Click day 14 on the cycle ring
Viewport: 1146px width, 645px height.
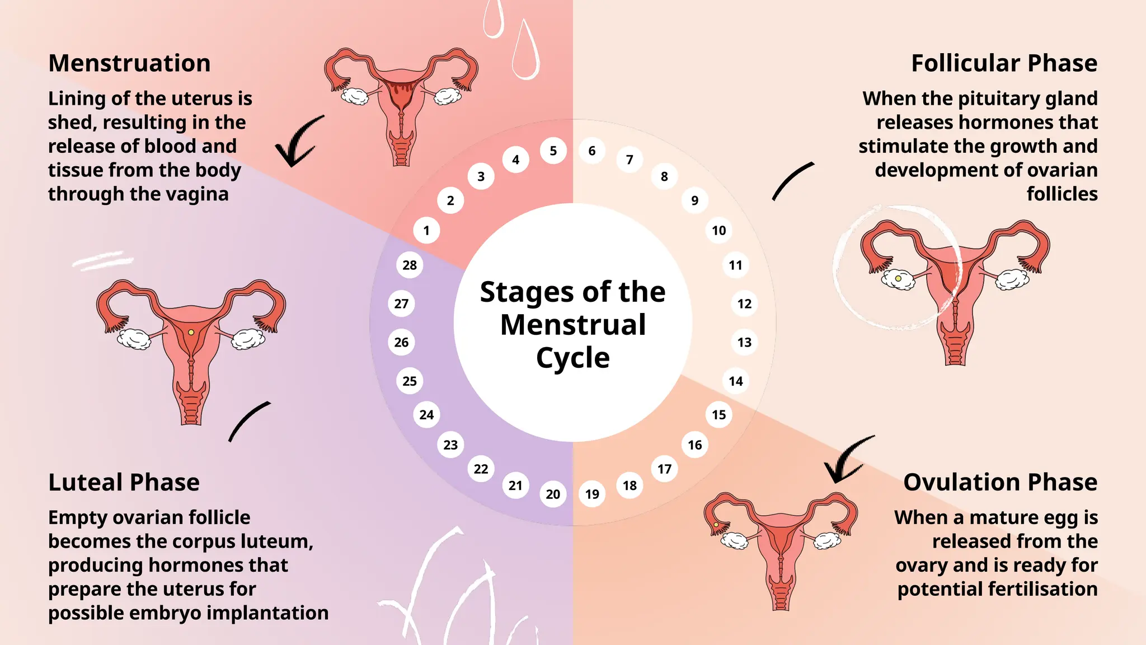tap(736, 381)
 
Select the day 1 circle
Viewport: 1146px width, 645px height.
tap(426, 230)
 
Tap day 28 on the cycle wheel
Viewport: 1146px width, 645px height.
tap(410, 265)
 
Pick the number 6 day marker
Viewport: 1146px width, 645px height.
tap(591, 151)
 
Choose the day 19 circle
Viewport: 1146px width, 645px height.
tap(592, 494)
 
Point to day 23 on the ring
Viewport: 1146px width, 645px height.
tap(450, 445)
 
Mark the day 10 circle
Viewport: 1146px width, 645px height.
tap(718, 230)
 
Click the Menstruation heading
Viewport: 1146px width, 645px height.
tap(129, 63)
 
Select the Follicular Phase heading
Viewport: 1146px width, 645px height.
tap(1004, 63)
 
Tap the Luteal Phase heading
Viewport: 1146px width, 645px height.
tap(124, 482)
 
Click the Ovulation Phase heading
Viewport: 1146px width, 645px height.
tap(1000, 482)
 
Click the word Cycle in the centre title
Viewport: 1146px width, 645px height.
tap(573, 357)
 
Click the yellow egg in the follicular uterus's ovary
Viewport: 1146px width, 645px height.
tap(898, 278)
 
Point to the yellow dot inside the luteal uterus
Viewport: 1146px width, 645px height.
tap(191, 332)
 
